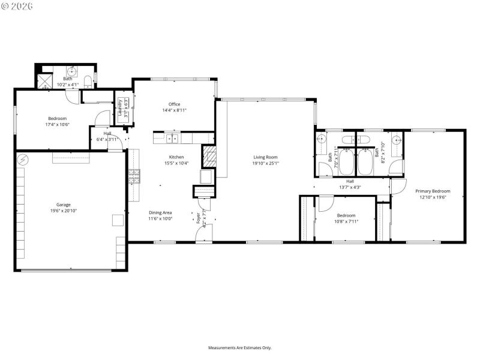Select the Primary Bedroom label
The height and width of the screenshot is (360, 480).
click(x=433, y=191)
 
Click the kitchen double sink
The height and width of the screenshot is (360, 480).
click(x=172, y=139)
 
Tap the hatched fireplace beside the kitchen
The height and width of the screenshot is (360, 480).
click(x=209, y=157)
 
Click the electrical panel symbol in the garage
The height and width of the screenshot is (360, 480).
click(x=23, y=160)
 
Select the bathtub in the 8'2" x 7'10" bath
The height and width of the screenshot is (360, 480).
click(x=365, y=161)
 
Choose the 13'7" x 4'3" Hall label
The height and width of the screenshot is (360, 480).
click(x=349, y=184)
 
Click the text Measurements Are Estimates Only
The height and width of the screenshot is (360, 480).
click(x=239, y=347)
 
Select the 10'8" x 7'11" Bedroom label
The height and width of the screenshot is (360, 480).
click(x=346, y=218)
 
